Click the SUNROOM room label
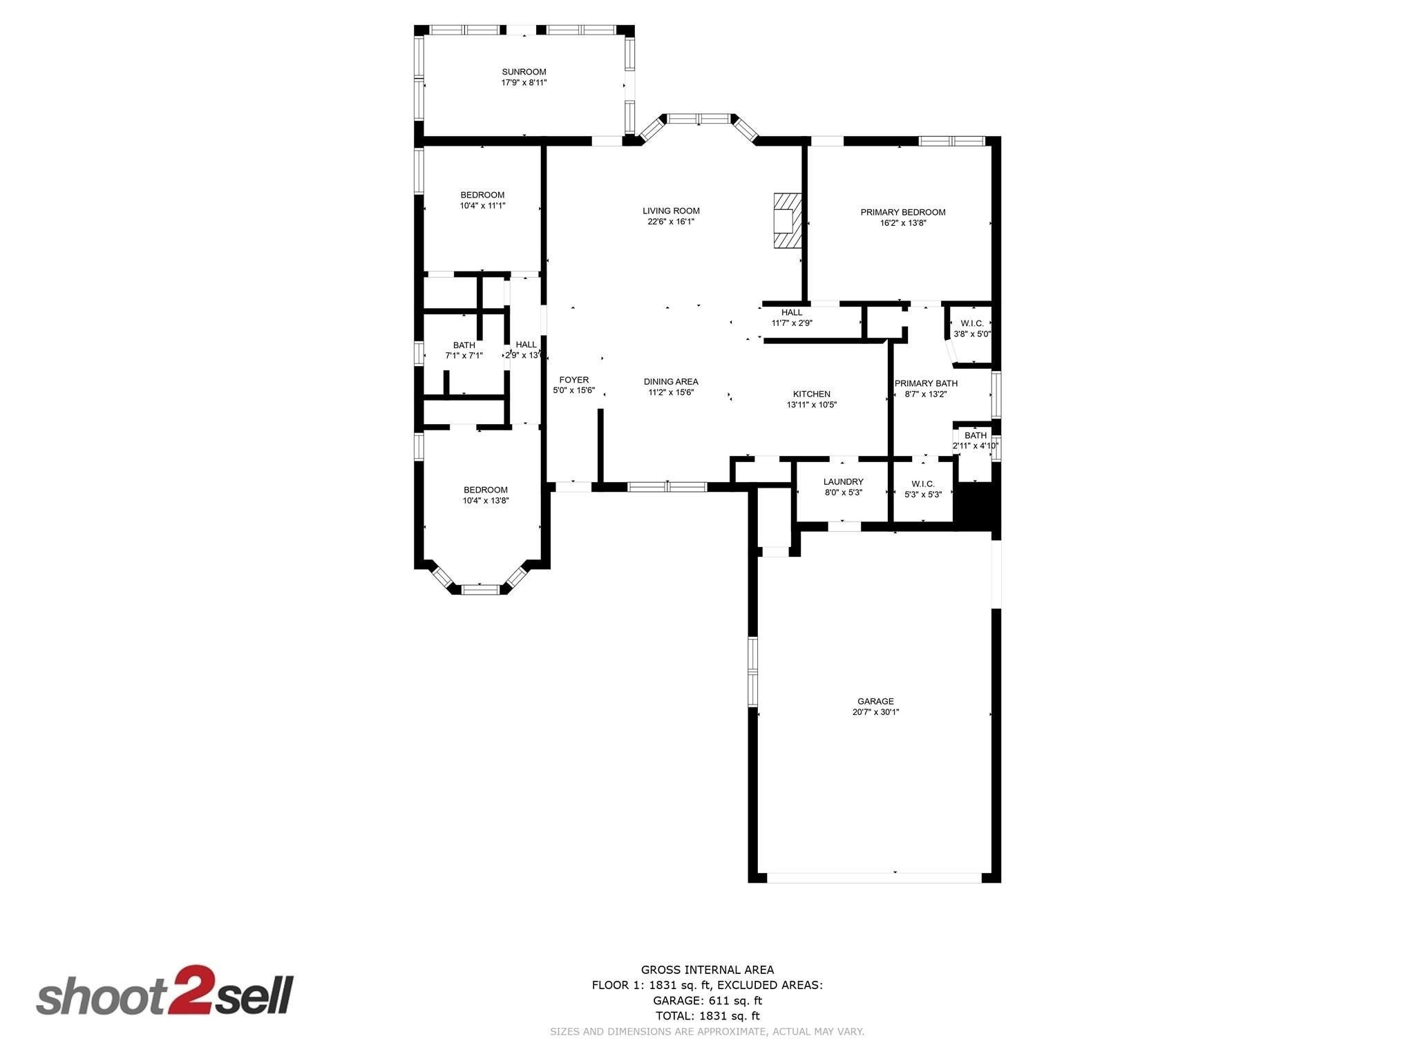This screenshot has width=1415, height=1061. [524, 72]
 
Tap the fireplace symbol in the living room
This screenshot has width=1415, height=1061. [786, 220]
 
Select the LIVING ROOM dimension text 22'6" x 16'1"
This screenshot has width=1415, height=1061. [670, 222]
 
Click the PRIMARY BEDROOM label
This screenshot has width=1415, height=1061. [902, 212]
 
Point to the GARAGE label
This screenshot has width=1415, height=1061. [875, 701]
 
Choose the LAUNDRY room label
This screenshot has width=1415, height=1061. [843, 482]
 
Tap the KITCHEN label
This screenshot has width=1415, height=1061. [811, 394]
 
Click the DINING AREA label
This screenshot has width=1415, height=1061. [670, 381]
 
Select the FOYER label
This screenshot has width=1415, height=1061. [573, 380]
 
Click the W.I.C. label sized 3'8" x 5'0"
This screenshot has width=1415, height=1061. [971, 323]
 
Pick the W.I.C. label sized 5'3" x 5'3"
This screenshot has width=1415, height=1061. [922, 484]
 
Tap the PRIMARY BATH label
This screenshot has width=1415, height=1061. [926, 383]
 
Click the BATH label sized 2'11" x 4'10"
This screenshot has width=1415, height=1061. [975, 436]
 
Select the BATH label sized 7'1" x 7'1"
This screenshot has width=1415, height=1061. [464, 345]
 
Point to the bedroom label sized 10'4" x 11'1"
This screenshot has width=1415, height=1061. [482, 195]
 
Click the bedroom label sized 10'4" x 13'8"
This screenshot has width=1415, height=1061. [485, 490]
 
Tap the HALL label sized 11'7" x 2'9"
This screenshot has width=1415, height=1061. [791, 312]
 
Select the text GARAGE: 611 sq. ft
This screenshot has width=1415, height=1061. [707, 1000]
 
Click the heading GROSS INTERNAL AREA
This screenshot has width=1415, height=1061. [707, 970]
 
